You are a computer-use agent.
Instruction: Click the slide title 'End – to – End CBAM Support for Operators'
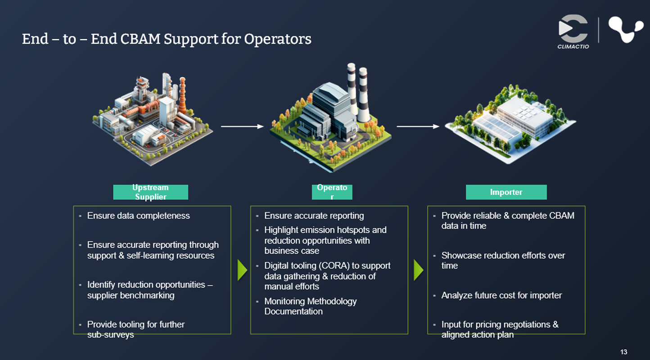point(167,39)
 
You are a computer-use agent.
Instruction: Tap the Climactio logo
point(573,31)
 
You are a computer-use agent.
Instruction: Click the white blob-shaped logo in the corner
point(625,30)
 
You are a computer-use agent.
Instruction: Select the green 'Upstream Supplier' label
point(150,192)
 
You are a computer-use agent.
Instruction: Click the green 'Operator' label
point(332,192)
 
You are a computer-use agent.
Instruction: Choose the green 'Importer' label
point(506,192)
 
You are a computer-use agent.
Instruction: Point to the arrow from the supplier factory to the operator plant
point(242,126)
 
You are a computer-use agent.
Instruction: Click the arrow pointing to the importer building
point(418,126)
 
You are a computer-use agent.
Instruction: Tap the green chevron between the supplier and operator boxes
point(242,270)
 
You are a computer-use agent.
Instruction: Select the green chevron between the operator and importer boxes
point(419,270)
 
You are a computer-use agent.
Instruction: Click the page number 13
point(623,352)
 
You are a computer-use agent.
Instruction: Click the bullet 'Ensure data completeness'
point(138,216)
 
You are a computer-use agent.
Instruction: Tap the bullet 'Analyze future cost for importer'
point(501,295)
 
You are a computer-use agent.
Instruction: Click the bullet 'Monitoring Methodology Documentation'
point(310,306)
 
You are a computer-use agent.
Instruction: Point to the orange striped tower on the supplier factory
point(182,94)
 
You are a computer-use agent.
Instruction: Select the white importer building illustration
point(513,119)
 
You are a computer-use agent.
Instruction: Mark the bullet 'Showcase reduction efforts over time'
point(503,260)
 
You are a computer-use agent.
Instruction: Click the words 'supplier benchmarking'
point(131,295)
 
